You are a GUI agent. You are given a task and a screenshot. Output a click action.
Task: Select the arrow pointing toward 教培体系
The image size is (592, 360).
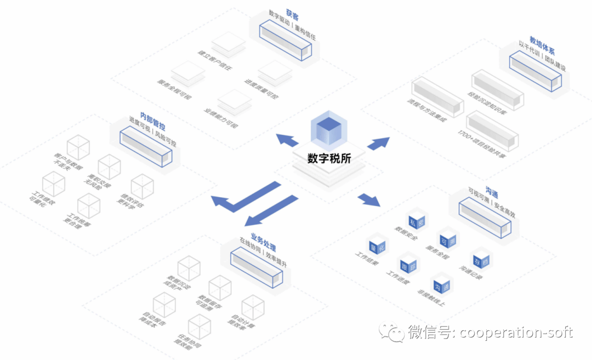point(378,144)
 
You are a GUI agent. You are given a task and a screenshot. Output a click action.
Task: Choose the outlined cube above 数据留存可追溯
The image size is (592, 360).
point(220,287)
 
